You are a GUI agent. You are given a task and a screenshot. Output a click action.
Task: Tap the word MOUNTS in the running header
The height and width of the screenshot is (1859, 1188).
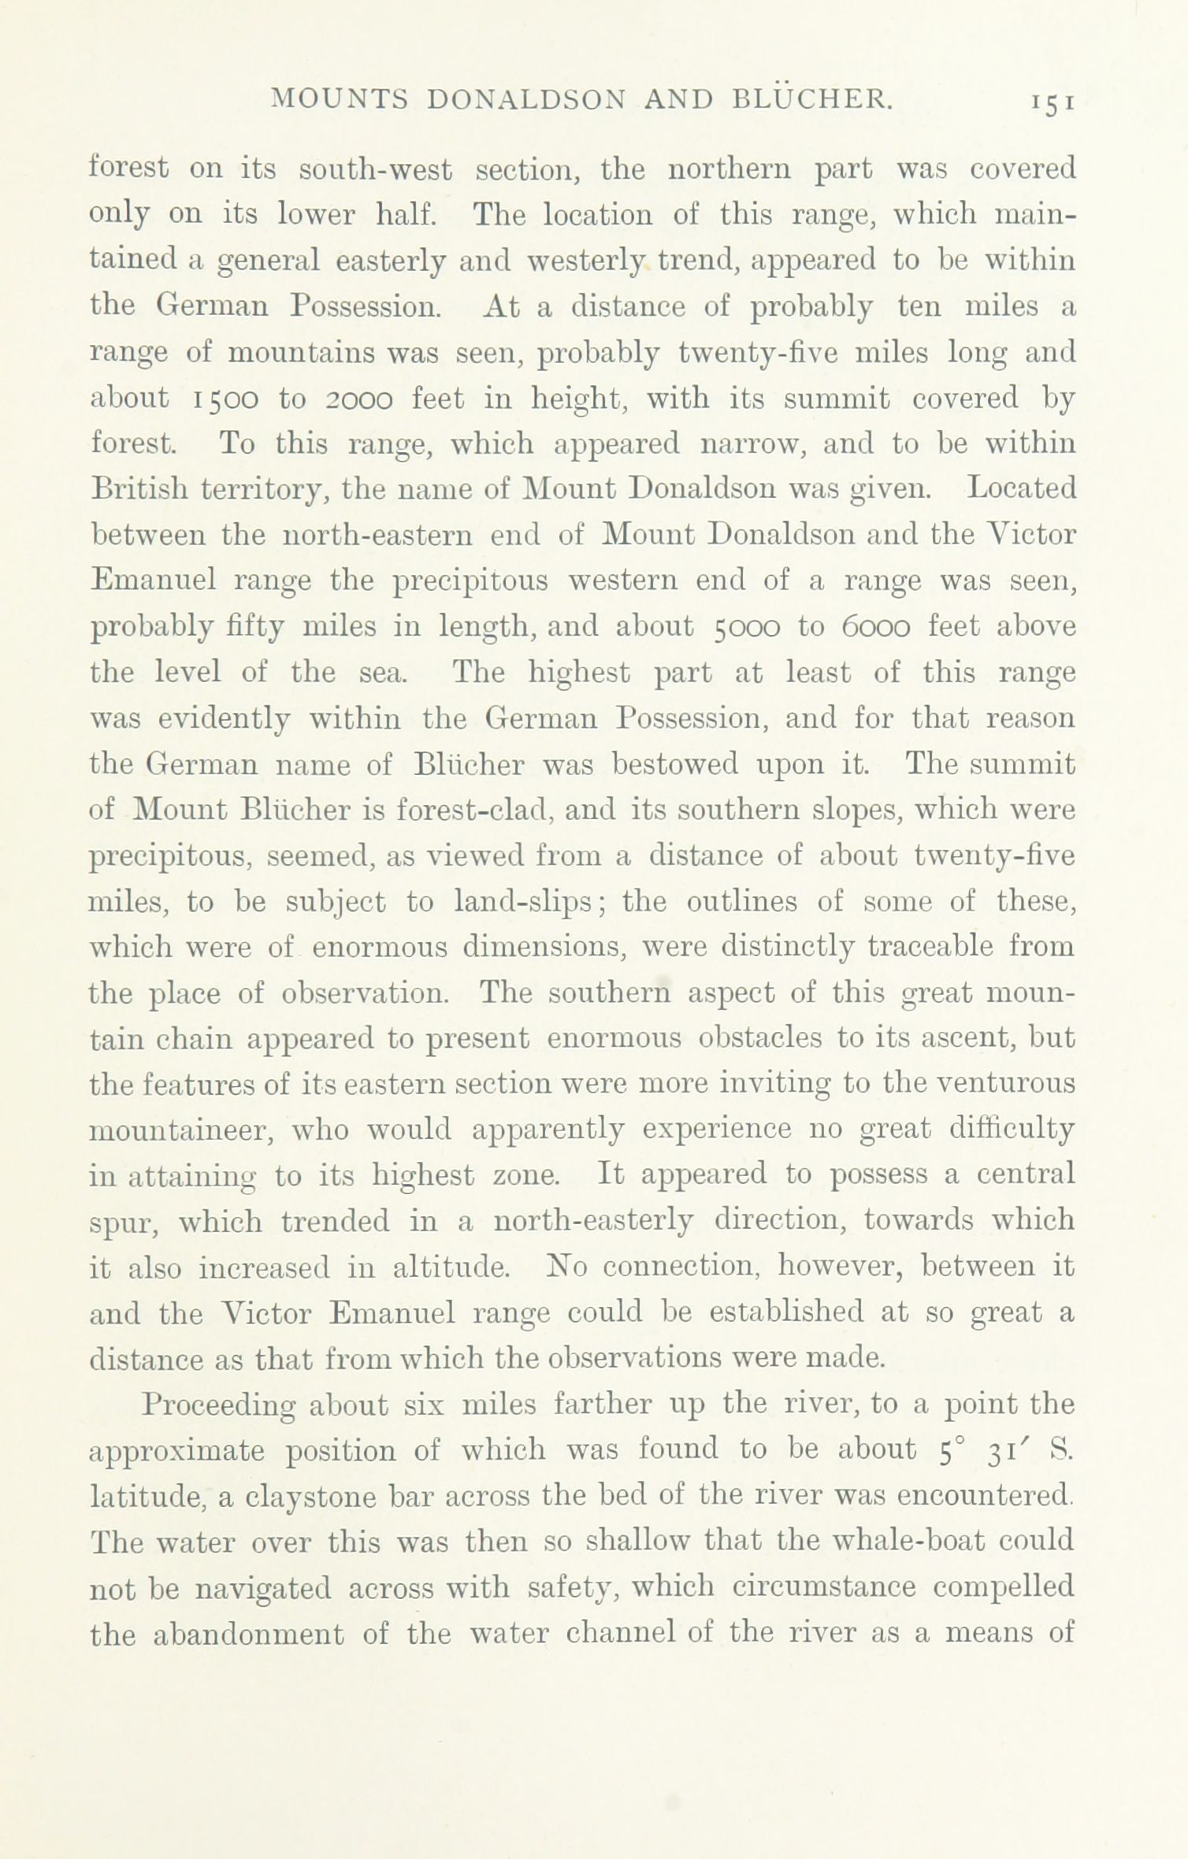[340, 98]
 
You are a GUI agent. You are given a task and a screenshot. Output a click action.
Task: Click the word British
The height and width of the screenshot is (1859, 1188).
[139, 489]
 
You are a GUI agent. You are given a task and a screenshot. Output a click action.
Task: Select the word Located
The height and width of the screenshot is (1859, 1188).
[1021, 489]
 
